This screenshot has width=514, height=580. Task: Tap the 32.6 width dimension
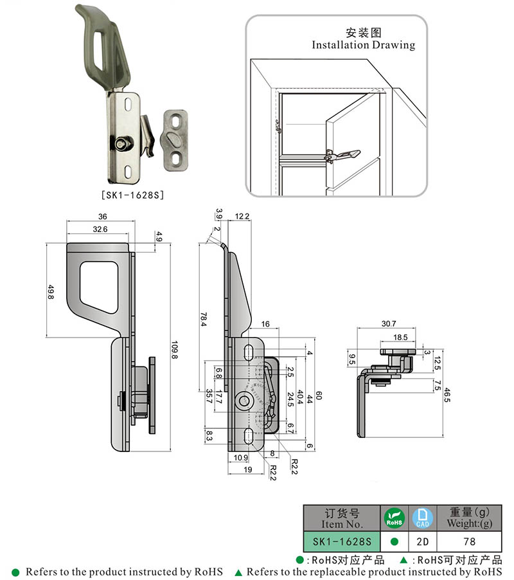click(100, 229)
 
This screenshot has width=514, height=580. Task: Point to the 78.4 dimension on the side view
click(202, 316)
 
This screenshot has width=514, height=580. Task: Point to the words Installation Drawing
click(363, 45)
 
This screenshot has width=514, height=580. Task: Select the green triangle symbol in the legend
click(238, 572)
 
